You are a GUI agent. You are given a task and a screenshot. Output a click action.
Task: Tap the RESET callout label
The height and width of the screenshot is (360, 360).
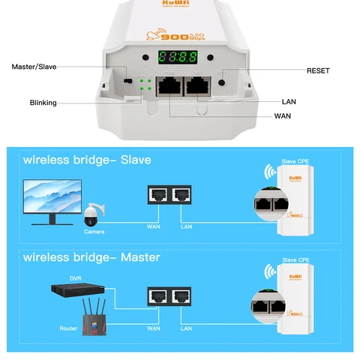click(318, 70)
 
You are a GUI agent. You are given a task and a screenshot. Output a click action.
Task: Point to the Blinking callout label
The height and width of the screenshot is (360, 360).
click(43, 103)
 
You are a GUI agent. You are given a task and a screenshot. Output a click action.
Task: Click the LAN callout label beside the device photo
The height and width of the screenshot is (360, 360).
click(289, 101)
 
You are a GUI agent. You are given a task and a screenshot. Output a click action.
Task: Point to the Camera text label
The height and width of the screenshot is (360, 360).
click(94, 232)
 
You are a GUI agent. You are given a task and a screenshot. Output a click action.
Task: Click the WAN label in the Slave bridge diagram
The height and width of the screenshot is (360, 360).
click(154, 226)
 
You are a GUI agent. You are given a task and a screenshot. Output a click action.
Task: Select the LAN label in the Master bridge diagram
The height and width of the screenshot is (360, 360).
click(186, 328)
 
